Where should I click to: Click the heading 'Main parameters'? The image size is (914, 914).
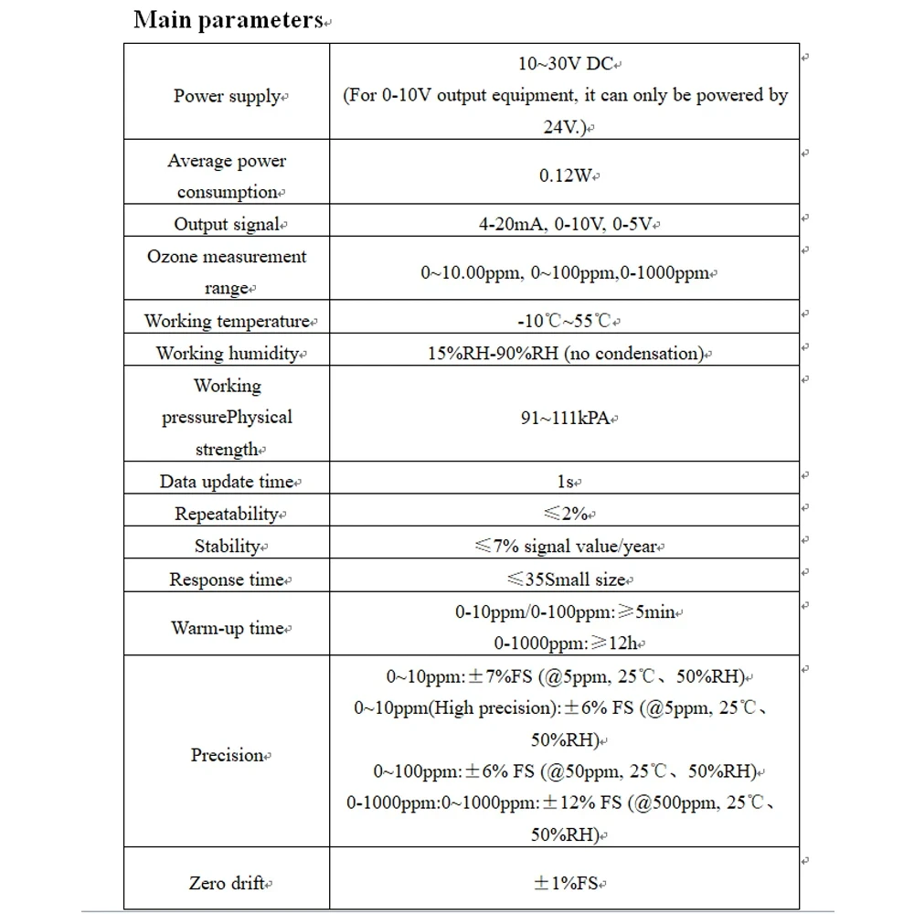click(228, 21)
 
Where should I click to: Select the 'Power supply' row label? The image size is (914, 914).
click(226, 96)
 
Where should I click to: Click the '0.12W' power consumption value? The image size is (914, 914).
click(565, 175)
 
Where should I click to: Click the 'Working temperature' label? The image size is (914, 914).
click(227, 321)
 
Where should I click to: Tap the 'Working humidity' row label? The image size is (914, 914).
click(227, 353)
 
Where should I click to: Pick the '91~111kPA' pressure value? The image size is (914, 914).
click(564, 418)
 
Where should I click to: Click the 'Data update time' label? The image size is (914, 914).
click(227, 482)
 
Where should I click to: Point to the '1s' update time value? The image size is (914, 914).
click(564, 482)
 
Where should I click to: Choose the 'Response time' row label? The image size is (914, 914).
click(228, 579)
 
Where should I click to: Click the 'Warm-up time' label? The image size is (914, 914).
click(228, 628)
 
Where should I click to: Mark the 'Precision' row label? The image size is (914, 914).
click(227, 755)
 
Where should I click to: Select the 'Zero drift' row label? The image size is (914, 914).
click(227, 883)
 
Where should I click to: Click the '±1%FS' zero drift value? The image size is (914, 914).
click(565, 883)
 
